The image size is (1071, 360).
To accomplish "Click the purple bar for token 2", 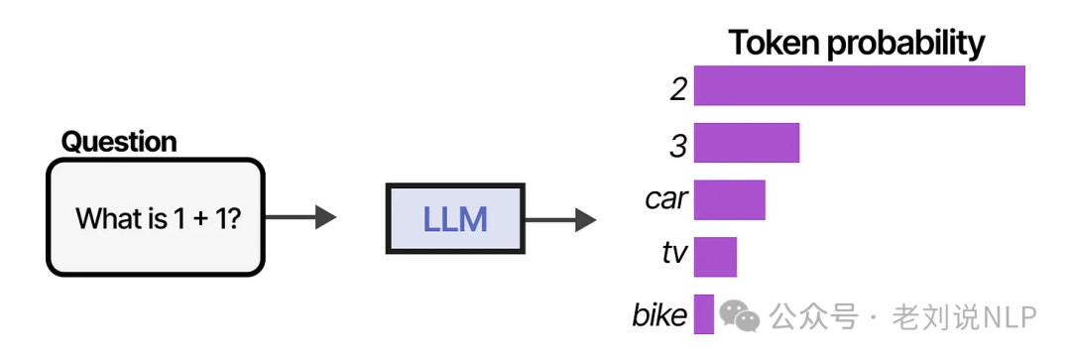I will (x=859, y=86).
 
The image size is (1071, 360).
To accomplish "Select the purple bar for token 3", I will (x=746, y=143).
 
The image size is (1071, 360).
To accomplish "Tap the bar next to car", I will (x=729, y=199).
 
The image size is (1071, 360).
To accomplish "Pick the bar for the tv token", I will (x=715, y=257).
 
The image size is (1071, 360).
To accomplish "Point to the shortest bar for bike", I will (x=704, y=314).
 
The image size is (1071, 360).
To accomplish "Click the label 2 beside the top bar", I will (x=678, y=89).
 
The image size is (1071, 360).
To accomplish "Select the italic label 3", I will (x=678, y=147).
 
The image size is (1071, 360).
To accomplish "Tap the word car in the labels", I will (x=665, y=199).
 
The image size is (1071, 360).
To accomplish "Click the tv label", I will (x=674, y=254).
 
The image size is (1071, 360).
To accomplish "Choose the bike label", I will (x=659, y=315).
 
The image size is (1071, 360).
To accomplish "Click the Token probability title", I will (x=856, y=43).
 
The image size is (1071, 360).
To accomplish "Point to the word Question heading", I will (x=119, y=142).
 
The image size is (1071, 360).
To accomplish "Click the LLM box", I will (x=455, y=217).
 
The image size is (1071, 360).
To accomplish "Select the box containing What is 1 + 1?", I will (x=156, y=217).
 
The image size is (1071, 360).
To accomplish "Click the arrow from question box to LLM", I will (x=301, y=217).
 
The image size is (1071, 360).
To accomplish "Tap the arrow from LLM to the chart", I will (x=560, y=218).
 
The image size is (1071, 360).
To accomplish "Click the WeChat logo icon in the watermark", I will (x=740, y=316).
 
